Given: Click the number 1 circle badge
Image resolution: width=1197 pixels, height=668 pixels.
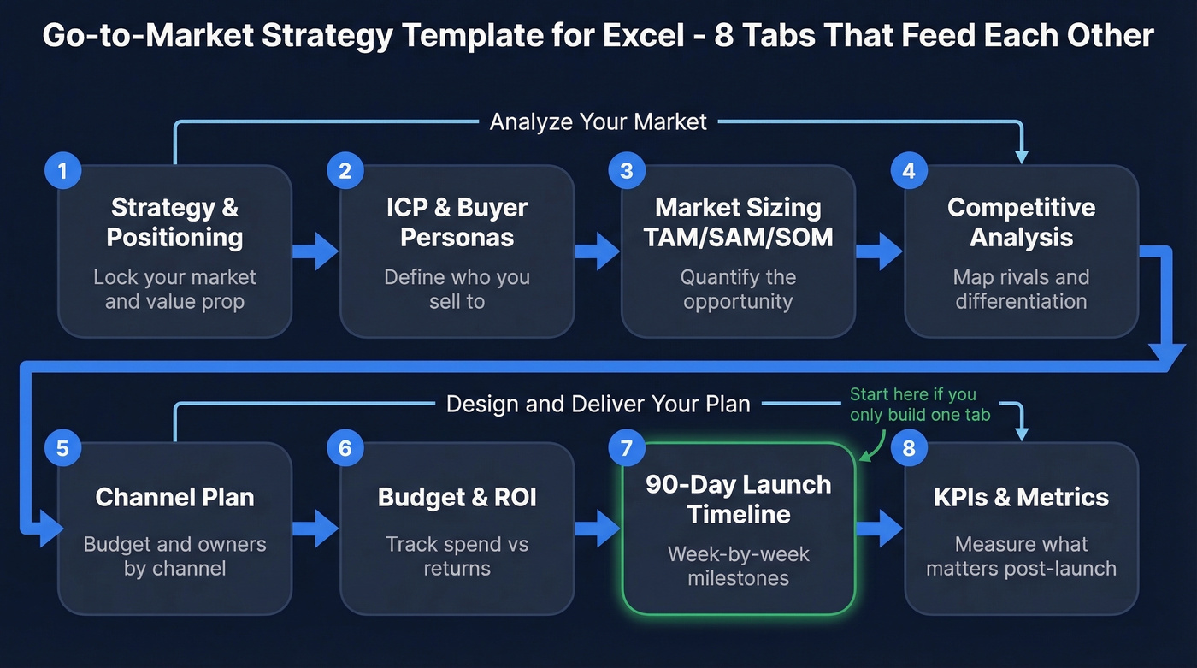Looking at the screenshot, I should [62, 171].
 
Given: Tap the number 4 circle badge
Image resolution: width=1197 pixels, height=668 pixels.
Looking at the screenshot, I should [909, 171].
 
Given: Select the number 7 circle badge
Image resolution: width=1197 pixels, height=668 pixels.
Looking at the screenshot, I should [626, 448].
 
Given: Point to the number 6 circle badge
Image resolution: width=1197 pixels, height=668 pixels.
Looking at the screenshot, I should [345, 448].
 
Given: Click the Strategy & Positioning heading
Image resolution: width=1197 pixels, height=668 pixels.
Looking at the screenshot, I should [174, 222].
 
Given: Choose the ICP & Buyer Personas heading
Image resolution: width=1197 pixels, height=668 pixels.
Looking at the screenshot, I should [457, 222].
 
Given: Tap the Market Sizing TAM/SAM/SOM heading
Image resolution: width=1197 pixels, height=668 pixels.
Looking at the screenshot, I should [738, 222].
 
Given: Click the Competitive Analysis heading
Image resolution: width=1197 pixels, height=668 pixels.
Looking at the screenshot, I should [1021, 222].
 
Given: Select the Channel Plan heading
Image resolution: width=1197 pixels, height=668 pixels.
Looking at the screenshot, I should [174, 498].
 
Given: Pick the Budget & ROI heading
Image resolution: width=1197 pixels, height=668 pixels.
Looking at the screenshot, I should [457, 498].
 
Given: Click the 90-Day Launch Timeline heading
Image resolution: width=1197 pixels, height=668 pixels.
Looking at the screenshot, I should [738, 500].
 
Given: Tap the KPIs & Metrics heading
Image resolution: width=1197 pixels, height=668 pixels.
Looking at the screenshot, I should [1021, 498].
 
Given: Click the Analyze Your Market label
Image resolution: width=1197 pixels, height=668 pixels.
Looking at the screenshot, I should [598, 122].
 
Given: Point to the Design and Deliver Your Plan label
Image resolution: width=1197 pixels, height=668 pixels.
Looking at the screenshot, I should [598, 404].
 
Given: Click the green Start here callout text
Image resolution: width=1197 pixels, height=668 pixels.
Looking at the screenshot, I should [919, 405].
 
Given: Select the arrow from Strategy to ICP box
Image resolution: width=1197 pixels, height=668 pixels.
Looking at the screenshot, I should [315, 251].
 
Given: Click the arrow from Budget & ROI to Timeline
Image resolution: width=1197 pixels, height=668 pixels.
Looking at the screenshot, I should [597, 528].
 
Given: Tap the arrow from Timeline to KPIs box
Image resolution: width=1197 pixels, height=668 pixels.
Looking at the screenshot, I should [879, 528].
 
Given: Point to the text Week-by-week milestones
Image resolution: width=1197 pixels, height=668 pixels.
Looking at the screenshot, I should [738, 566].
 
